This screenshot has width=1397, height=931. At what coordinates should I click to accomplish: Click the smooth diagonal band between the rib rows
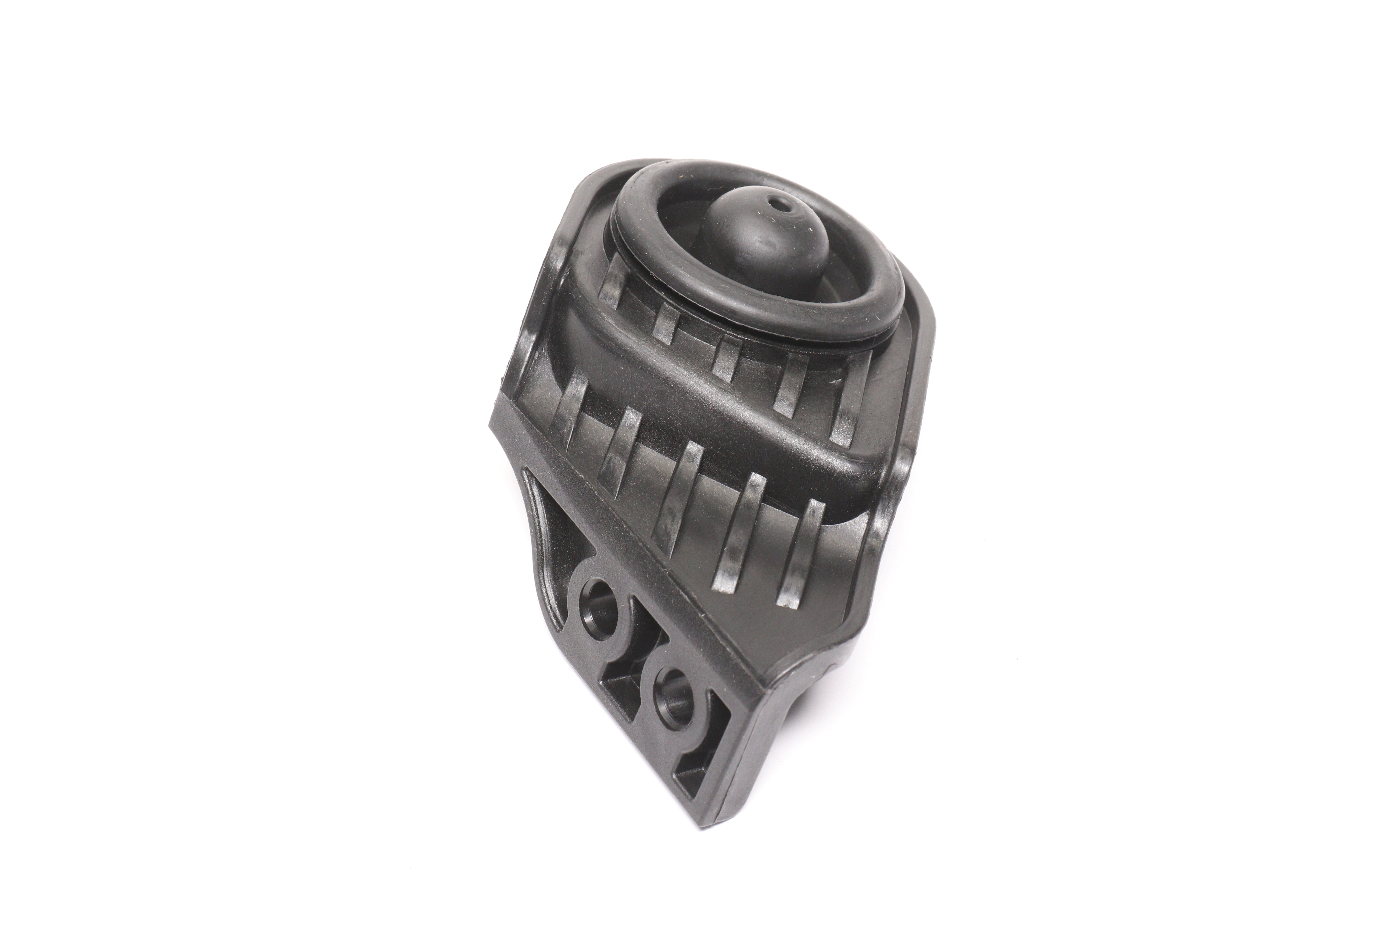[713, 416]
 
